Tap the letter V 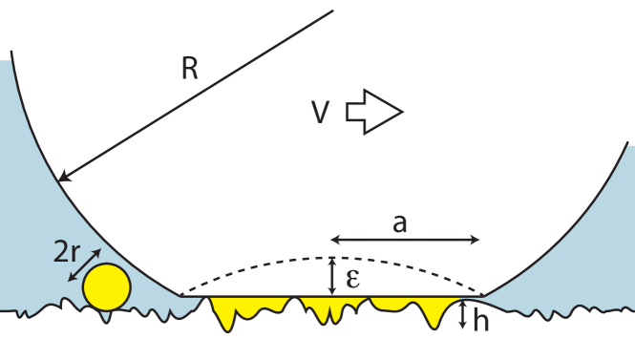[322, 114]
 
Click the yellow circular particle [106, 286]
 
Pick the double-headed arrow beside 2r [84, 265]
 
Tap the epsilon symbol [352, 278]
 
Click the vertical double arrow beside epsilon [331, 276]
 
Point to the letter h [480, 321]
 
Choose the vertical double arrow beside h [462, 314]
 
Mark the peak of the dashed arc [331, 258]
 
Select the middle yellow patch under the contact [331, 307]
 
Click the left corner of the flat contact [181, 296]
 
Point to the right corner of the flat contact [483, 296]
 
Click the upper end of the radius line [333, 11]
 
